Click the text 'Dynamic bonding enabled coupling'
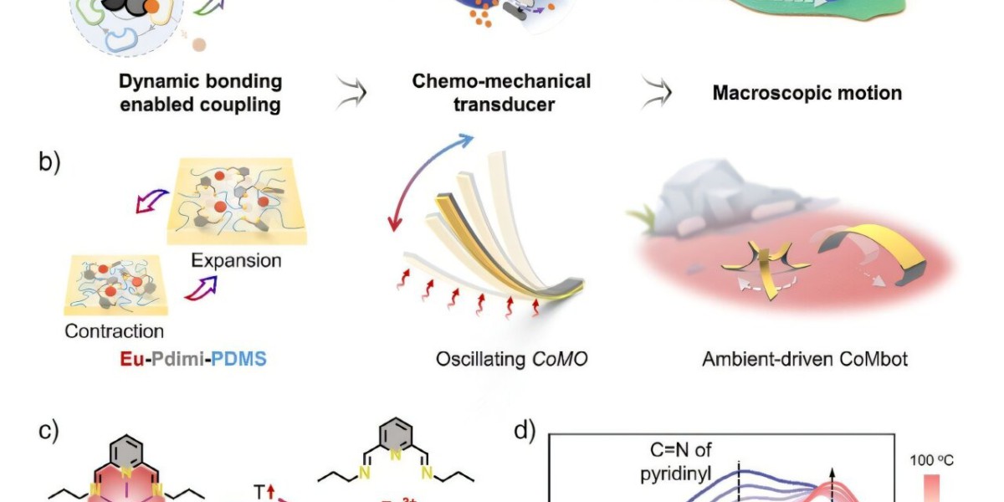point(200,93)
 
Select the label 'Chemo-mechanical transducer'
point(501,92)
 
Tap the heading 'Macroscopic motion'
point(807,92)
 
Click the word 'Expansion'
point(236,260)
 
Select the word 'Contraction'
point(115,330)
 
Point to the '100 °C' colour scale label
point(937,459)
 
